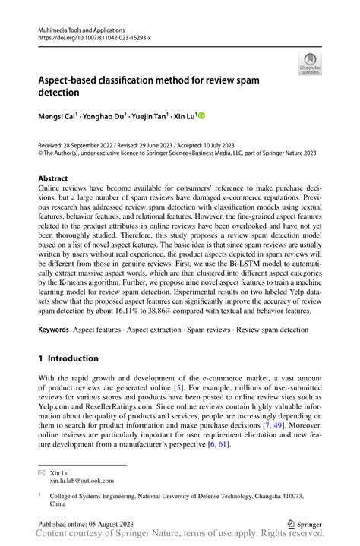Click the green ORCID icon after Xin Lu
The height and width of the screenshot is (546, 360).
coord(202,116)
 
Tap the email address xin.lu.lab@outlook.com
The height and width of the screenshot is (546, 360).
coord(82,481)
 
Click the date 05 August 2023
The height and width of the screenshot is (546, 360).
coord(112,523)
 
